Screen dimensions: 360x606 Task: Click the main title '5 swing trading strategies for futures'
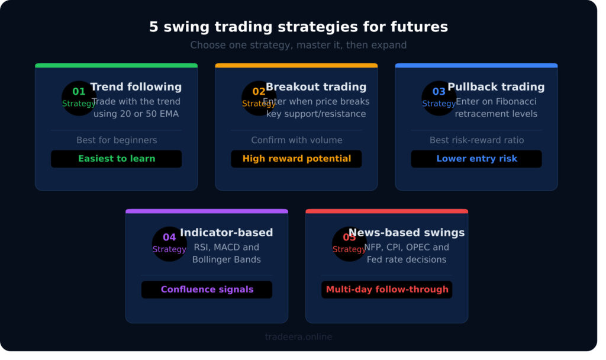pyautogui.click(x=298, y=27)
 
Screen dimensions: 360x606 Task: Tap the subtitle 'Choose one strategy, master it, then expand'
pyautogui.click(x=298, y=45)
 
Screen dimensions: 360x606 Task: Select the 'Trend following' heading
pyautogui.click(x=136, y=87)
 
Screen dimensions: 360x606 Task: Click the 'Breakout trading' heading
pyautogui.click(x=316, y=87)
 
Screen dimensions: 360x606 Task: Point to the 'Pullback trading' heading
pyautogui.click(x=496, y=87)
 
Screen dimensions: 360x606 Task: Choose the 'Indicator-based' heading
pyautogui.click(x=226, y=233)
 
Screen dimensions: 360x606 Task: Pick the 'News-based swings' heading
pyautogui.click(x=407, y=233)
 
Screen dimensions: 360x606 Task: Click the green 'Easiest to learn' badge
pyautogui.click(x=117, y=159)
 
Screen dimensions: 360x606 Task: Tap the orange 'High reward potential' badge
pyautogui.click(x=296, y=159)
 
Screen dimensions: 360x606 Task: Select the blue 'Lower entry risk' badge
pyautogui.click(x=476, y=159)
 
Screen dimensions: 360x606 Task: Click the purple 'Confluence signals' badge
pyautogui.click(x=207, y=290)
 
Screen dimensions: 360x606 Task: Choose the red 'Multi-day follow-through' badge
pyautogui.click(x=387, y=290)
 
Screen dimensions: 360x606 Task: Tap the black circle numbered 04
pyautogui.click(x=169, y=243)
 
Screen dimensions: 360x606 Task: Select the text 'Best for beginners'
pyautogui.click(x=117, y=140)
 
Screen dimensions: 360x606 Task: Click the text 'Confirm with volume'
pyautogui.click(x=296, y=140)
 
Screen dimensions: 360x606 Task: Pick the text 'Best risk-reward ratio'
pyautogui.click(x=476, y=140)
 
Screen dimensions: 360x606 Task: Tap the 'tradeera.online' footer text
pyautogui.click(x=298, y=337)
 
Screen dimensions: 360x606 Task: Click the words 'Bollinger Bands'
pyautogui.click(x=227, y=259)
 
